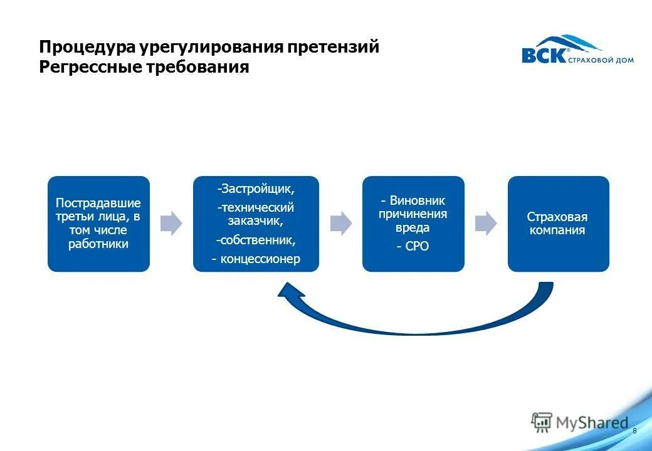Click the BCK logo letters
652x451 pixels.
(x=544, y=55)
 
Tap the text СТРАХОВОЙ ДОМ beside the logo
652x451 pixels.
(x=601, y=60)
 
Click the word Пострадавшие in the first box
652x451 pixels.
(x=98, y=203)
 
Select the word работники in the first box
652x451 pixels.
(x=98, y=244)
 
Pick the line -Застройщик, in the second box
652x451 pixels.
(x=256, y=188)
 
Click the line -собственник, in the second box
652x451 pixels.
(x=256, y=240)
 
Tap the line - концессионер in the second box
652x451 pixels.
(x=256, y=259)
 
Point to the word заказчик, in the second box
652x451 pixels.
(x=256, y=220)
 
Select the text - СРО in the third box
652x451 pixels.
(x=413, y=246)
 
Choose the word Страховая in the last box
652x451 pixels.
(x=557, y=217)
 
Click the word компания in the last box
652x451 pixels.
(x=558, y=230)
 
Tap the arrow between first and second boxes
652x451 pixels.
(x=171, y=224)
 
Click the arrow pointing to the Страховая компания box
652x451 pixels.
(x=486, y=224)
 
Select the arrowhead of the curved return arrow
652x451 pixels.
(x=288, y=294)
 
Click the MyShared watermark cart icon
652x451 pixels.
(x=542, y=422)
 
